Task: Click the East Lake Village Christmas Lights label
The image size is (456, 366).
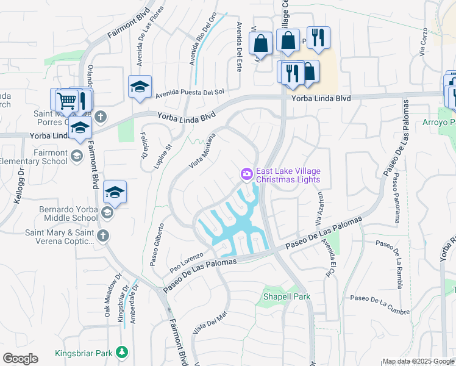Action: tap(288, 175)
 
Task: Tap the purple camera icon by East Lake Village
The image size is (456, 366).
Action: tap(247, 174)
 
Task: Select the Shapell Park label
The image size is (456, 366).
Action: tap(287, 297)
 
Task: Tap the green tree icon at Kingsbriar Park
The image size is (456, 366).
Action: tap(123, 353)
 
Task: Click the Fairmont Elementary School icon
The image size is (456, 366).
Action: tap(77, 156)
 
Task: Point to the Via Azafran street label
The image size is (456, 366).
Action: tap(319, 207)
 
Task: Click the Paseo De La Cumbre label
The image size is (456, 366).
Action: tap(379, 298)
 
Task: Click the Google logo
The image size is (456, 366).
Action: tap(20, 359)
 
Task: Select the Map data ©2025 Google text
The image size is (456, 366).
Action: tap(418, 361)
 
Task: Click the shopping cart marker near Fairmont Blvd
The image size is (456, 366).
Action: tap(65, 99)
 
